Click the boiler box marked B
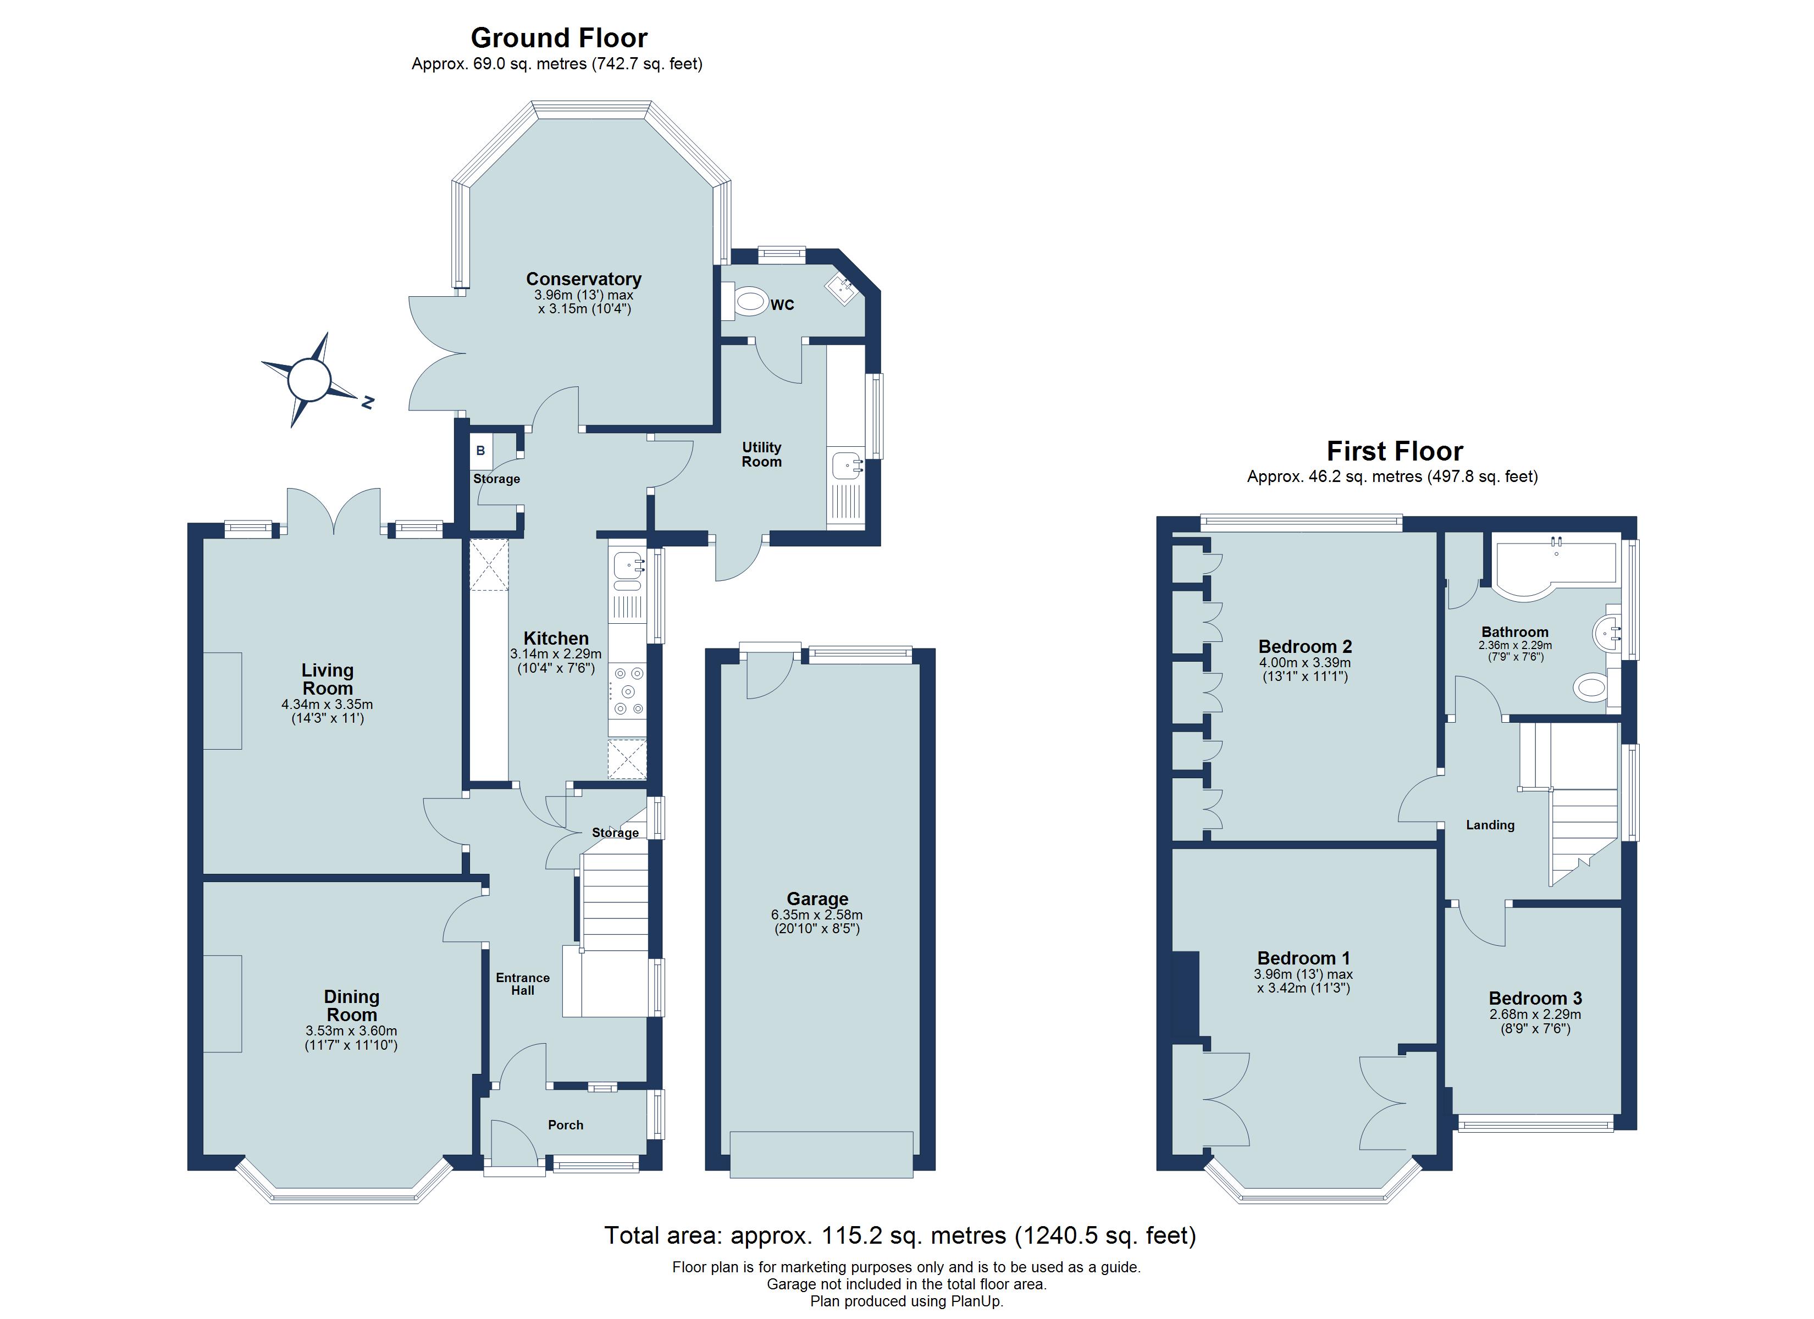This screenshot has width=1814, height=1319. click(480, 450)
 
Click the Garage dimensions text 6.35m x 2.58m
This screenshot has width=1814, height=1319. click(817, 915)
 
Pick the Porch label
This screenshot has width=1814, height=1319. click(566, 1124)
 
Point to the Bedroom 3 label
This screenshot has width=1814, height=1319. click(1535, 998)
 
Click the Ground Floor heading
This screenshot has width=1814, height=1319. click(558, 37)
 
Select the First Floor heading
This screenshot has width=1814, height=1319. click(1394, 451)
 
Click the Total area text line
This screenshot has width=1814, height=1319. click(900, 1236)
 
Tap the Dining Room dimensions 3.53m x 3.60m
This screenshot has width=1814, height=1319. click(351, 1031)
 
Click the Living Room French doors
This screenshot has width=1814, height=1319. click(334, 512)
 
